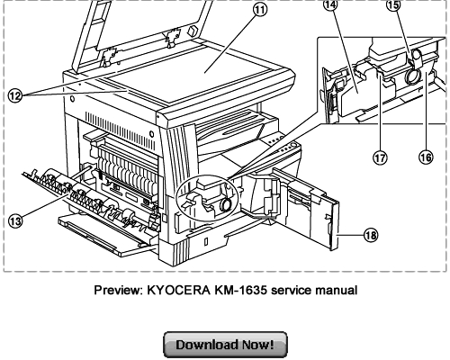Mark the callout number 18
click(x=371, y=235)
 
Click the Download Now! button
click(x=224, y=345)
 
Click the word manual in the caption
click(x=335, y=290)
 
